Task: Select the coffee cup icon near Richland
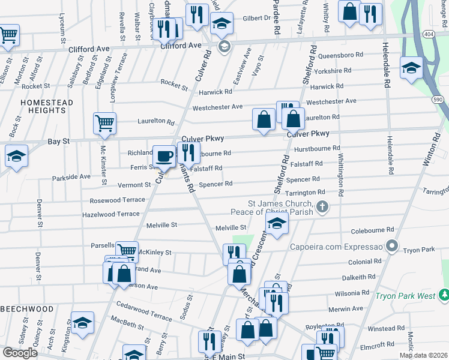(x=164, y=157)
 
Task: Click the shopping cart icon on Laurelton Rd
(x=104, y=123)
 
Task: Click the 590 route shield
(x=438, y=99)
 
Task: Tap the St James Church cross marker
(x=322, y=208)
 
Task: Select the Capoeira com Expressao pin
(x=392, y=246)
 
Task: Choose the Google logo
(x=20, y=353)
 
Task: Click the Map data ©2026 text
(x=423, y=355)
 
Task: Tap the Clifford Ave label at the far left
(x=89, y=49)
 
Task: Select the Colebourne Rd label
(x=372, y=229)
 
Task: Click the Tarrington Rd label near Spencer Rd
(x=305, y=193)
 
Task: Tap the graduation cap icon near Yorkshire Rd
(x=411, y=67)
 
